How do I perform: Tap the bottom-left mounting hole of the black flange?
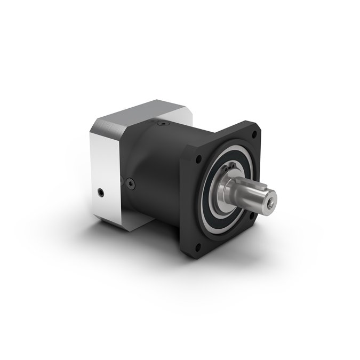pos(199,246)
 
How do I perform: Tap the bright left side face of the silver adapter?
pos(104,171)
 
